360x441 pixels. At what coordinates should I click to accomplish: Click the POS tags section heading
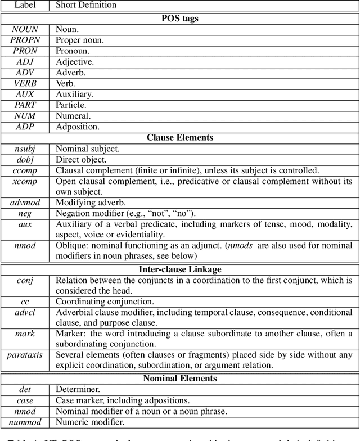[181, 18]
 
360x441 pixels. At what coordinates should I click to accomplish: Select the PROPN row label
[25, 40]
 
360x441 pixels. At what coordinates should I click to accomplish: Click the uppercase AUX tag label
[25, 94]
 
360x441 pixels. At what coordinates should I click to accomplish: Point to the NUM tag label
[25, 116]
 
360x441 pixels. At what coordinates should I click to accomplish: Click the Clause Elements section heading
[181, 138]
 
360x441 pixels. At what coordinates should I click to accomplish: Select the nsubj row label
[25, 149]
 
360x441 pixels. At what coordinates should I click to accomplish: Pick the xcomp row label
[25, 181]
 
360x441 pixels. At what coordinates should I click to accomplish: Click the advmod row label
[25, 202]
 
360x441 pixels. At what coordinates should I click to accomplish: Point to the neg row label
[25, 213]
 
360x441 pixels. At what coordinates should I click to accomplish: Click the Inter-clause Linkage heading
[181, 269]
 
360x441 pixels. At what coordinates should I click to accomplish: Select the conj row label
[25, 280]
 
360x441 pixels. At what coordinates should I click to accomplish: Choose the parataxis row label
[25, 355]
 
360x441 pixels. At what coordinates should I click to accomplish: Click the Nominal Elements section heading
[181, 379]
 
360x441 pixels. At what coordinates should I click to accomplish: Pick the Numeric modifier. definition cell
[90, 422]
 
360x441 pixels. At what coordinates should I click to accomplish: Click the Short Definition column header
[86, 5]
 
